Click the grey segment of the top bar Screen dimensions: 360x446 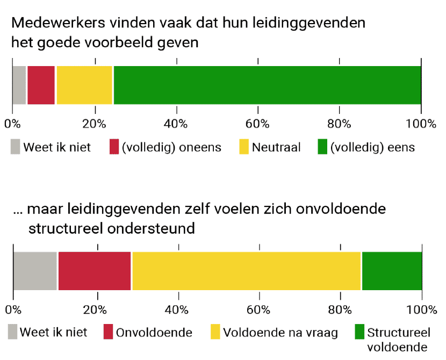[19, 85]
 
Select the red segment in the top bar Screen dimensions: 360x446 [41, 85]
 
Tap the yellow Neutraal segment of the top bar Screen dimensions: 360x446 [84, 85]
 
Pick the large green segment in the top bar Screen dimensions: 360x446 [267, 85]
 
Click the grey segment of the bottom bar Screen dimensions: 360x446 [35, 271]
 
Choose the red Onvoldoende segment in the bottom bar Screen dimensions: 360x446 [95, 271]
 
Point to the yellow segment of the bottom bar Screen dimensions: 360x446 [247, 271]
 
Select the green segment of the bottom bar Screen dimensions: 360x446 [392, 271]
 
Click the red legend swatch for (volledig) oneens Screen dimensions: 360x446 [114, 147]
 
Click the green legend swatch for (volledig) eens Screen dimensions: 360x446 [322, 147]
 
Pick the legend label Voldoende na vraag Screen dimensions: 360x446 [280, 333]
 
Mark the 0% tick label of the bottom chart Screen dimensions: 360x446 [13, 309]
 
